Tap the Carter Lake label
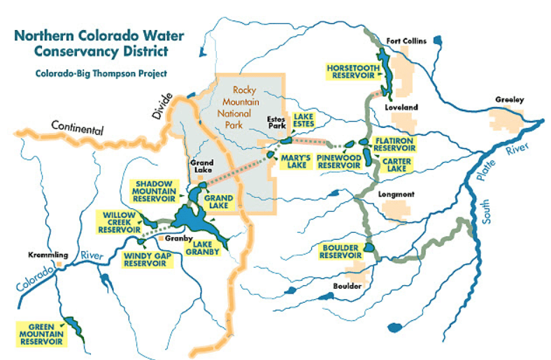pos(396,165)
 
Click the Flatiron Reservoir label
pos(395,144)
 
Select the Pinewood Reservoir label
pos(338,161)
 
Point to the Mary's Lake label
pos(294,161)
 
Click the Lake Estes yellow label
pos(303,120)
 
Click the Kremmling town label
pos(45,255)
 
